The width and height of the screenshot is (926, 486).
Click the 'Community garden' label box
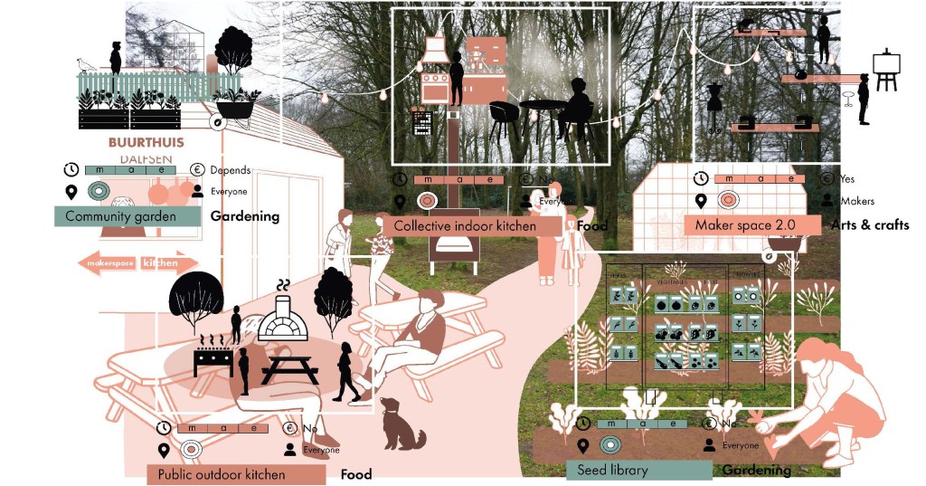coord(127,216)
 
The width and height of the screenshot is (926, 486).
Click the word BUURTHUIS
coord(146,143)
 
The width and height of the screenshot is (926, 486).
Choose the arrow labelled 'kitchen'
coord(167,263)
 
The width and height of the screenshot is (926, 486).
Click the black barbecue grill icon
coord(213,357)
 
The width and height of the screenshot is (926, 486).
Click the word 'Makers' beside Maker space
coord(857,201)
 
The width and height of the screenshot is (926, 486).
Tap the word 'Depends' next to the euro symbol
coord(230,170)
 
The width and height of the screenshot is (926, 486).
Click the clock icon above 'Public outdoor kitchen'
coord(164,428)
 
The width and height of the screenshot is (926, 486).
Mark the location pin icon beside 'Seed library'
coord(584,445)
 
